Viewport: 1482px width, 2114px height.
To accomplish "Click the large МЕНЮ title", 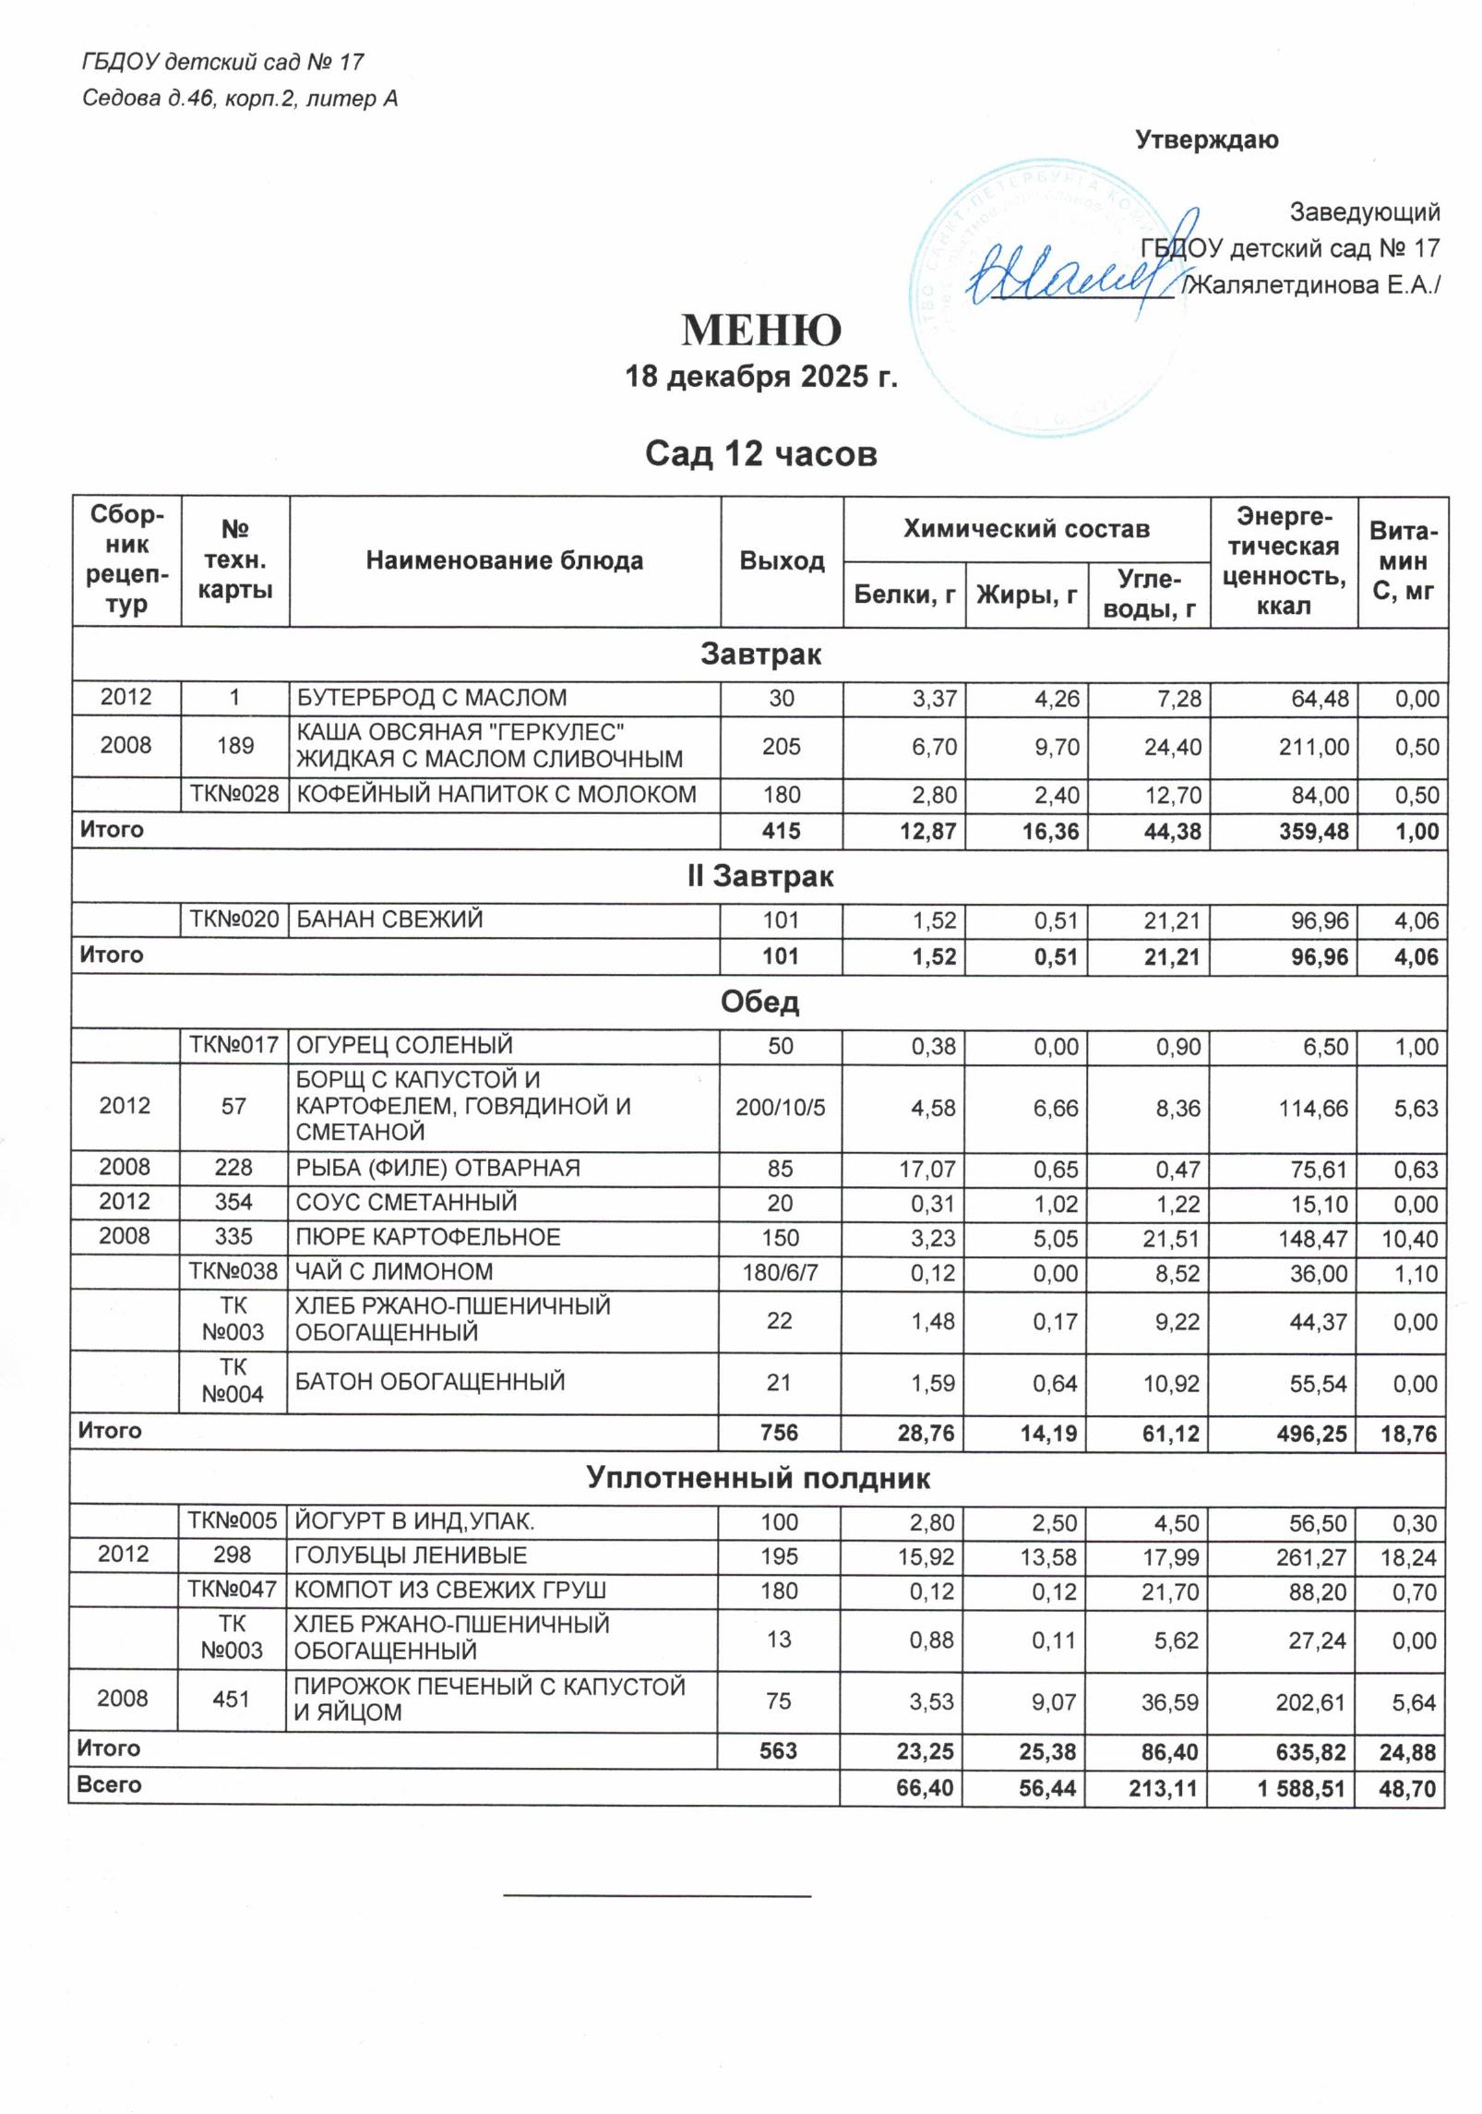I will coord(761,330).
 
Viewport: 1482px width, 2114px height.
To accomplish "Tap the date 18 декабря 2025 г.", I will coord(761,378).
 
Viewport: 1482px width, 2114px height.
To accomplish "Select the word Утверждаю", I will coord(1206,140).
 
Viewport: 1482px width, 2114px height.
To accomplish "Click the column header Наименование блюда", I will coord(504,561).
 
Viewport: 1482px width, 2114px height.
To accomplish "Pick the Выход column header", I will coord(782,561).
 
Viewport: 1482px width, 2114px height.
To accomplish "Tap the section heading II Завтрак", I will coord(759,876).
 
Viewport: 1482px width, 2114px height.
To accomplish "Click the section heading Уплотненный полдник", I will coord(758,1478).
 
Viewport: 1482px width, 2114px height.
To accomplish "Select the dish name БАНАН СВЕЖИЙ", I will coord(388,919).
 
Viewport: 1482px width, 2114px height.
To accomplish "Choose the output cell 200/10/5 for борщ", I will coord(780,1107).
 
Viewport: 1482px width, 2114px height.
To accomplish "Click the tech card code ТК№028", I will coord(234,795).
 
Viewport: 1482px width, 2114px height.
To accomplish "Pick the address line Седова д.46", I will coord(240,99).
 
